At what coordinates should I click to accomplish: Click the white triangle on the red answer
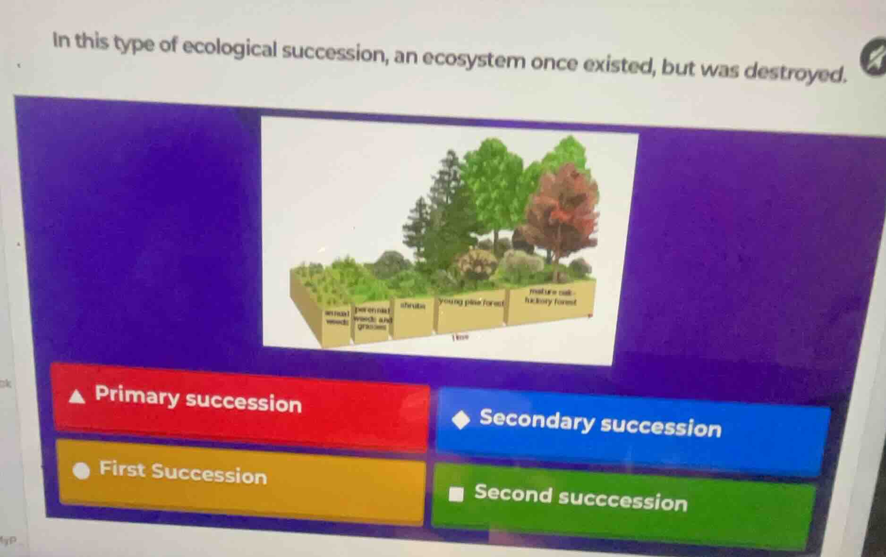click(x=77, y=397)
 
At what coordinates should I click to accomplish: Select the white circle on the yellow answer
click(x=82, y=471)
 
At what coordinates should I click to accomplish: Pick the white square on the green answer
click(x=456, y=494)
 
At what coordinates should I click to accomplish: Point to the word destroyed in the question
click(x=793, y=71)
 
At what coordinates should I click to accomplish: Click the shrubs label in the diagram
click(x=412, y=306)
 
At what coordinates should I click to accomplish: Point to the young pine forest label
click(x=471, y=302)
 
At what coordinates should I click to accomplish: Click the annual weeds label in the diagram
click(x=336, y=316)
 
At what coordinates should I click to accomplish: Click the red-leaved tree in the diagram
click(x=562, y=212)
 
